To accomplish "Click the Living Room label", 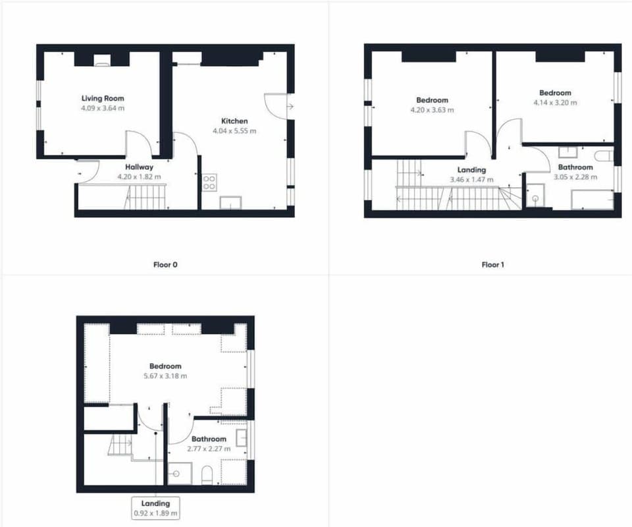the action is [103, 98].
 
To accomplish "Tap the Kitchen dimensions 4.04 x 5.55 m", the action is [234, 130].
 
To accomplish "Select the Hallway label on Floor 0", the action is [139, 167].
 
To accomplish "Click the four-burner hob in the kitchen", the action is [209, 182].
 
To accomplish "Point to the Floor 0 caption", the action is [165, 265].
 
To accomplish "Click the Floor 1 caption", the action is [492, 265].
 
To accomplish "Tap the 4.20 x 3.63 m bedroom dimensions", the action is [432, 109].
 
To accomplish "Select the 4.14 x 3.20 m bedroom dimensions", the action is [555, 102].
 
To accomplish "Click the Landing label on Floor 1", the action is [471, 170].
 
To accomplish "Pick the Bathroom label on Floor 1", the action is [575, 167].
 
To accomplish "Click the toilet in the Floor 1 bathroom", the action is [604, 155].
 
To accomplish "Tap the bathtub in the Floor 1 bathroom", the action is [592, 200].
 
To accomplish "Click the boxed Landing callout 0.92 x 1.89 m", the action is [155, 508].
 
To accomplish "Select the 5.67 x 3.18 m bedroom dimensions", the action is [165, 375].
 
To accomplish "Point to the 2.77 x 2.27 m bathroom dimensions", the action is [209, 449].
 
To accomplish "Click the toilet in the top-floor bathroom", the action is [207, 476].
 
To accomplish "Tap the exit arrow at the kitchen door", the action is [290, 107].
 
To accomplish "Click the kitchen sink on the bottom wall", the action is [230, 203].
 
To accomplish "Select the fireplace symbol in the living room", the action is [101, 64].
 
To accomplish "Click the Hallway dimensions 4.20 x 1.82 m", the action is [139, 177].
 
